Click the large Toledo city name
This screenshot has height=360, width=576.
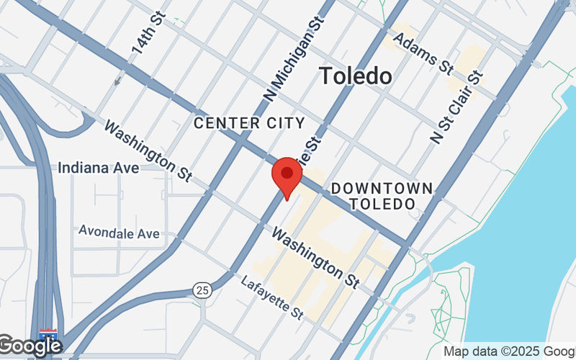point(356,76)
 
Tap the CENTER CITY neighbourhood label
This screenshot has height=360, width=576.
point(249,123)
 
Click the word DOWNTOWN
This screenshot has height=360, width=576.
point(382,189)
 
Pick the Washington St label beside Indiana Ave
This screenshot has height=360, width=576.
point(147,150)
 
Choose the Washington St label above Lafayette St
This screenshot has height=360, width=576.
point(315,258)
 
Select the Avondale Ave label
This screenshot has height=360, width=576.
point(119,233)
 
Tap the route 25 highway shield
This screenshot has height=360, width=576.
point(202,290)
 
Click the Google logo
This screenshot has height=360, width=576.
point(30,346)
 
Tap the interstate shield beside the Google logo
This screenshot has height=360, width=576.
point(49,336)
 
